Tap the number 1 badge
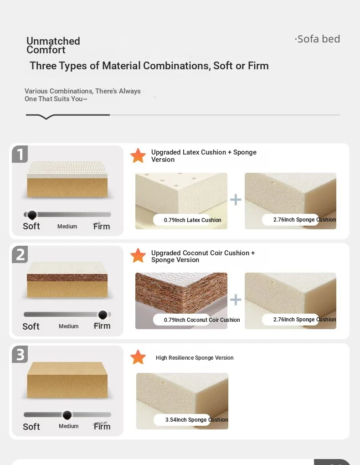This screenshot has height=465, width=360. pos(20,154)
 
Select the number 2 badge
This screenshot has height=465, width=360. pos(20,254)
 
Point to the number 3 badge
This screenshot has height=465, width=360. pos(20,354)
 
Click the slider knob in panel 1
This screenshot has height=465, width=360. pos(32,215)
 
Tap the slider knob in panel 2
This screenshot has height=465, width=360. pos(103,315)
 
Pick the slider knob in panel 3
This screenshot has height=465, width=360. pos(67,415)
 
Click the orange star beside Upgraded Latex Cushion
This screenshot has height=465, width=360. pos(138,156)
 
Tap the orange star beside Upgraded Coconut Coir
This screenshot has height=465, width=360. pos(138,255)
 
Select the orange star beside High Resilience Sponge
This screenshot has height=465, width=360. pos(138,357)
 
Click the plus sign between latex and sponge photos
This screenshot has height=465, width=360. pos(236,200)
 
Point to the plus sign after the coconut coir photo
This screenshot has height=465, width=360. pos(236,300)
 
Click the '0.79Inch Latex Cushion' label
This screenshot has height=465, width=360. pos(192,220)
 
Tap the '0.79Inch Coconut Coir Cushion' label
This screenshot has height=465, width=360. pos(202,320)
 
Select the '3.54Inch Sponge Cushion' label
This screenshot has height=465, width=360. pos(196,419)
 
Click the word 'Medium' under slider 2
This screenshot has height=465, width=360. pos(68,326)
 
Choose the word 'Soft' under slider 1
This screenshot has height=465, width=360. pos(31,226)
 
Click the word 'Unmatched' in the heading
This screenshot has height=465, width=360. pos(53,41)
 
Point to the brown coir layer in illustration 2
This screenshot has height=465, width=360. pos(67,278)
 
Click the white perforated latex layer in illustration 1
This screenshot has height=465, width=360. pos(67,168)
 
